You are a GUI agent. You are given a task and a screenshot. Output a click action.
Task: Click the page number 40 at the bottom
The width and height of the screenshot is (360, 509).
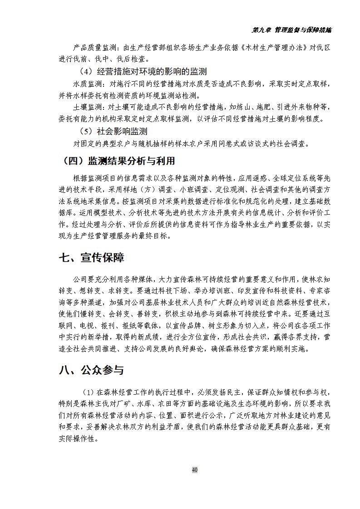(194, 470)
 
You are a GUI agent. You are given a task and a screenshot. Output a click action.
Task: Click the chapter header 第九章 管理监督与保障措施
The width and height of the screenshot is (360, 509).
(291, 30)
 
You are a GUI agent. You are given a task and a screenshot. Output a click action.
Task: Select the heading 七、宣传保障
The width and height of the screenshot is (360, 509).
(91, 258)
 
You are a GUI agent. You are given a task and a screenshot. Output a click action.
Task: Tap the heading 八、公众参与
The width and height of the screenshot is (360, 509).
(91, 370)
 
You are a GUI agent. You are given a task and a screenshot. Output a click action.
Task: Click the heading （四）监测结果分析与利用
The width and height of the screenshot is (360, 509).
(118, 161)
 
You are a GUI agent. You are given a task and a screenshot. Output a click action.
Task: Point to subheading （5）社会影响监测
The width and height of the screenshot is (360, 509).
(113, 132)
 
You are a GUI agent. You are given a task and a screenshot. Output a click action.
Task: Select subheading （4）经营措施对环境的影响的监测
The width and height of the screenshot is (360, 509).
(143, 71)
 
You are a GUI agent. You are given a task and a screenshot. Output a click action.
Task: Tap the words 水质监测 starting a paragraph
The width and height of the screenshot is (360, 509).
(88, 84)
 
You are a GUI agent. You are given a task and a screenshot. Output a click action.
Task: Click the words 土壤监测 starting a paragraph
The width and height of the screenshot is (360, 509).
(88, 108)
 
